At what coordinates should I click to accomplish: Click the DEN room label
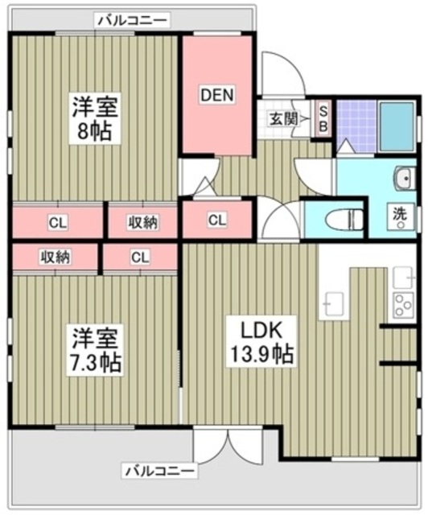(x=216, y=95)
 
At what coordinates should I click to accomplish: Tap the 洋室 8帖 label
(x=95, y=118)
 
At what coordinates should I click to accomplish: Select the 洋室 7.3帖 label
(x=95, y=350)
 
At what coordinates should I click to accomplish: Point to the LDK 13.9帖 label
(x=261, y=341)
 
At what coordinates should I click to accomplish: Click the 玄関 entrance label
(x=284, y=119)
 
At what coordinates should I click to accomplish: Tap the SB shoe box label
(x=323, y=119)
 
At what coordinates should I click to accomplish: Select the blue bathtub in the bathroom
(x=397, y=127)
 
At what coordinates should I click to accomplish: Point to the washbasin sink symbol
(x=405, y=178)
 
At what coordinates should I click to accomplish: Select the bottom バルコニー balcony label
(x=160, y=472)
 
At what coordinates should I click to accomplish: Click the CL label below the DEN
(x=216, y=220)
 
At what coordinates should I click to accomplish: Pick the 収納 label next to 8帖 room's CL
(x=143, y=223)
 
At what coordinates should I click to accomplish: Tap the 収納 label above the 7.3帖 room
(x=56, y=257)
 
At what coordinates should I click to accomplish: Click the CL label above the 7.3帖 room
(x=140, y=257)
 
